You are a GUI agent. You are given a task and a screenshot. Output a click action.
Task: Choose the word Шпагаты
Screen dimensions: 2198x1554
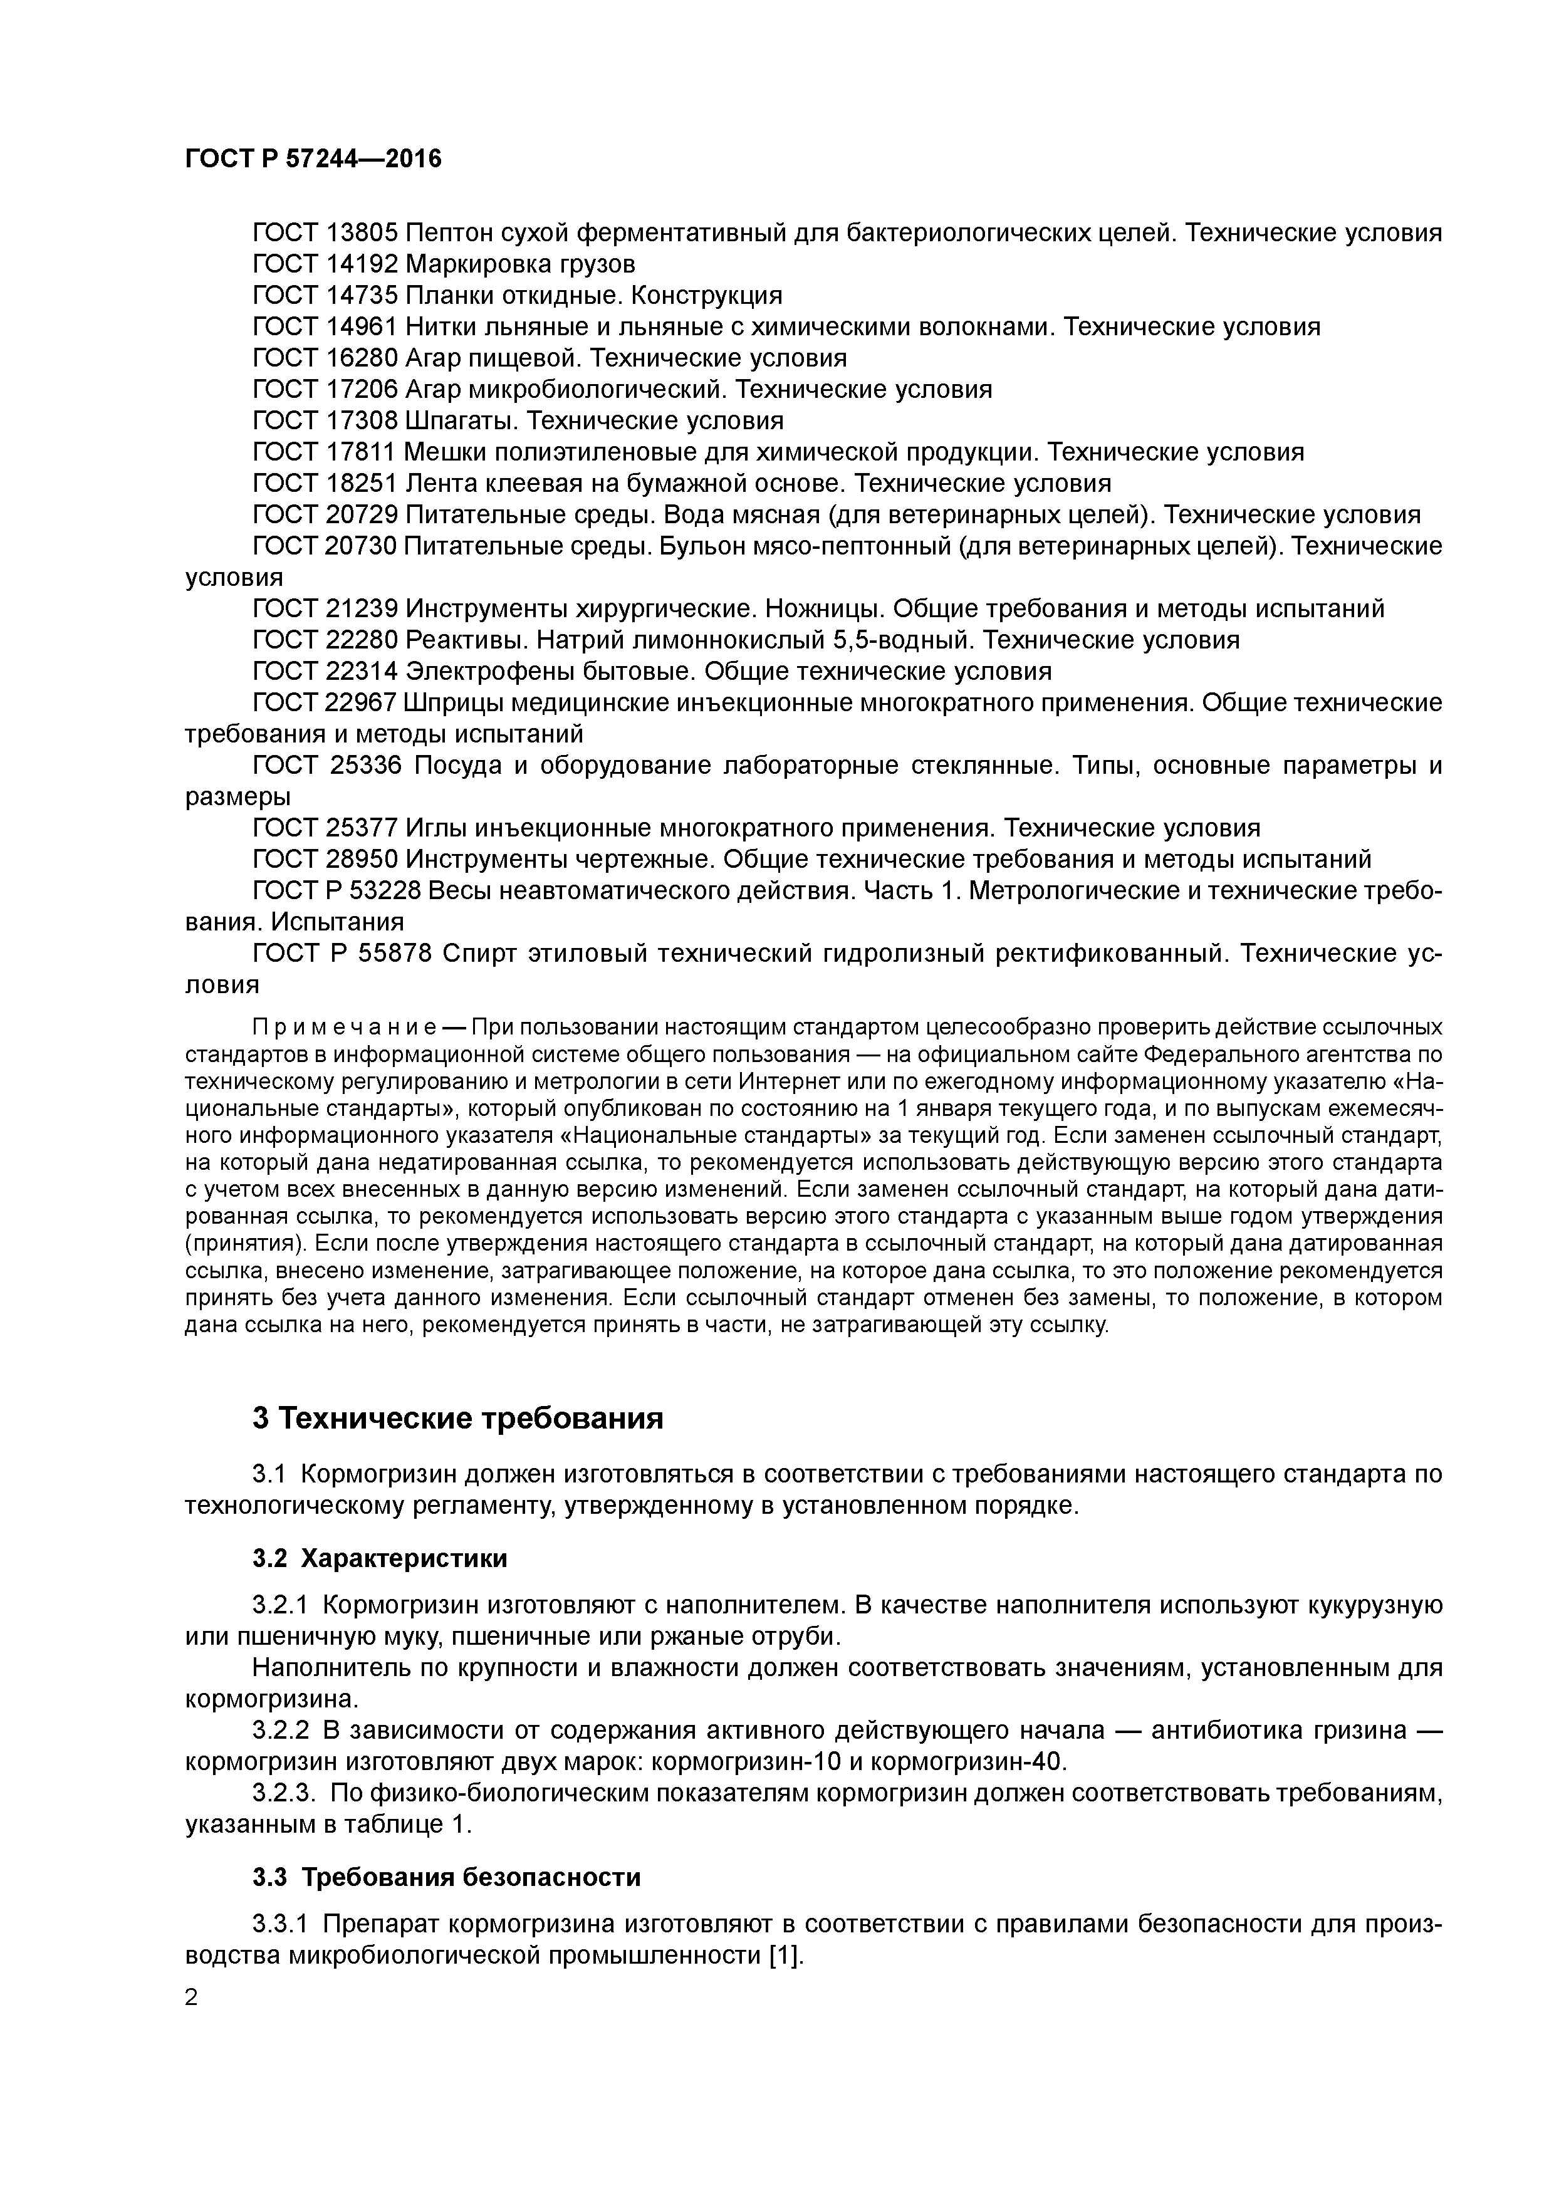(464, 421)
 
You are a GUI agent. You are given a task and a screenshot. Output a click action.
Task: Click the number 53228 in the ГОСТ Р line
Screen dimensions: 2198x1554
(385, 891)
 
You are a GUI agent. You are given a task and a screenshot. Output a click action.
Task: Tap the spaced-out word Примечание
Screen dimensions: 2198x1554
(345, 1028)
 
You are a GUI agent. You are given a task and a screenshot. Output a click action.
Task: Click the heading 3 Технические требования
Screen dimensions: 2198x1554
(457, 1418)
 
